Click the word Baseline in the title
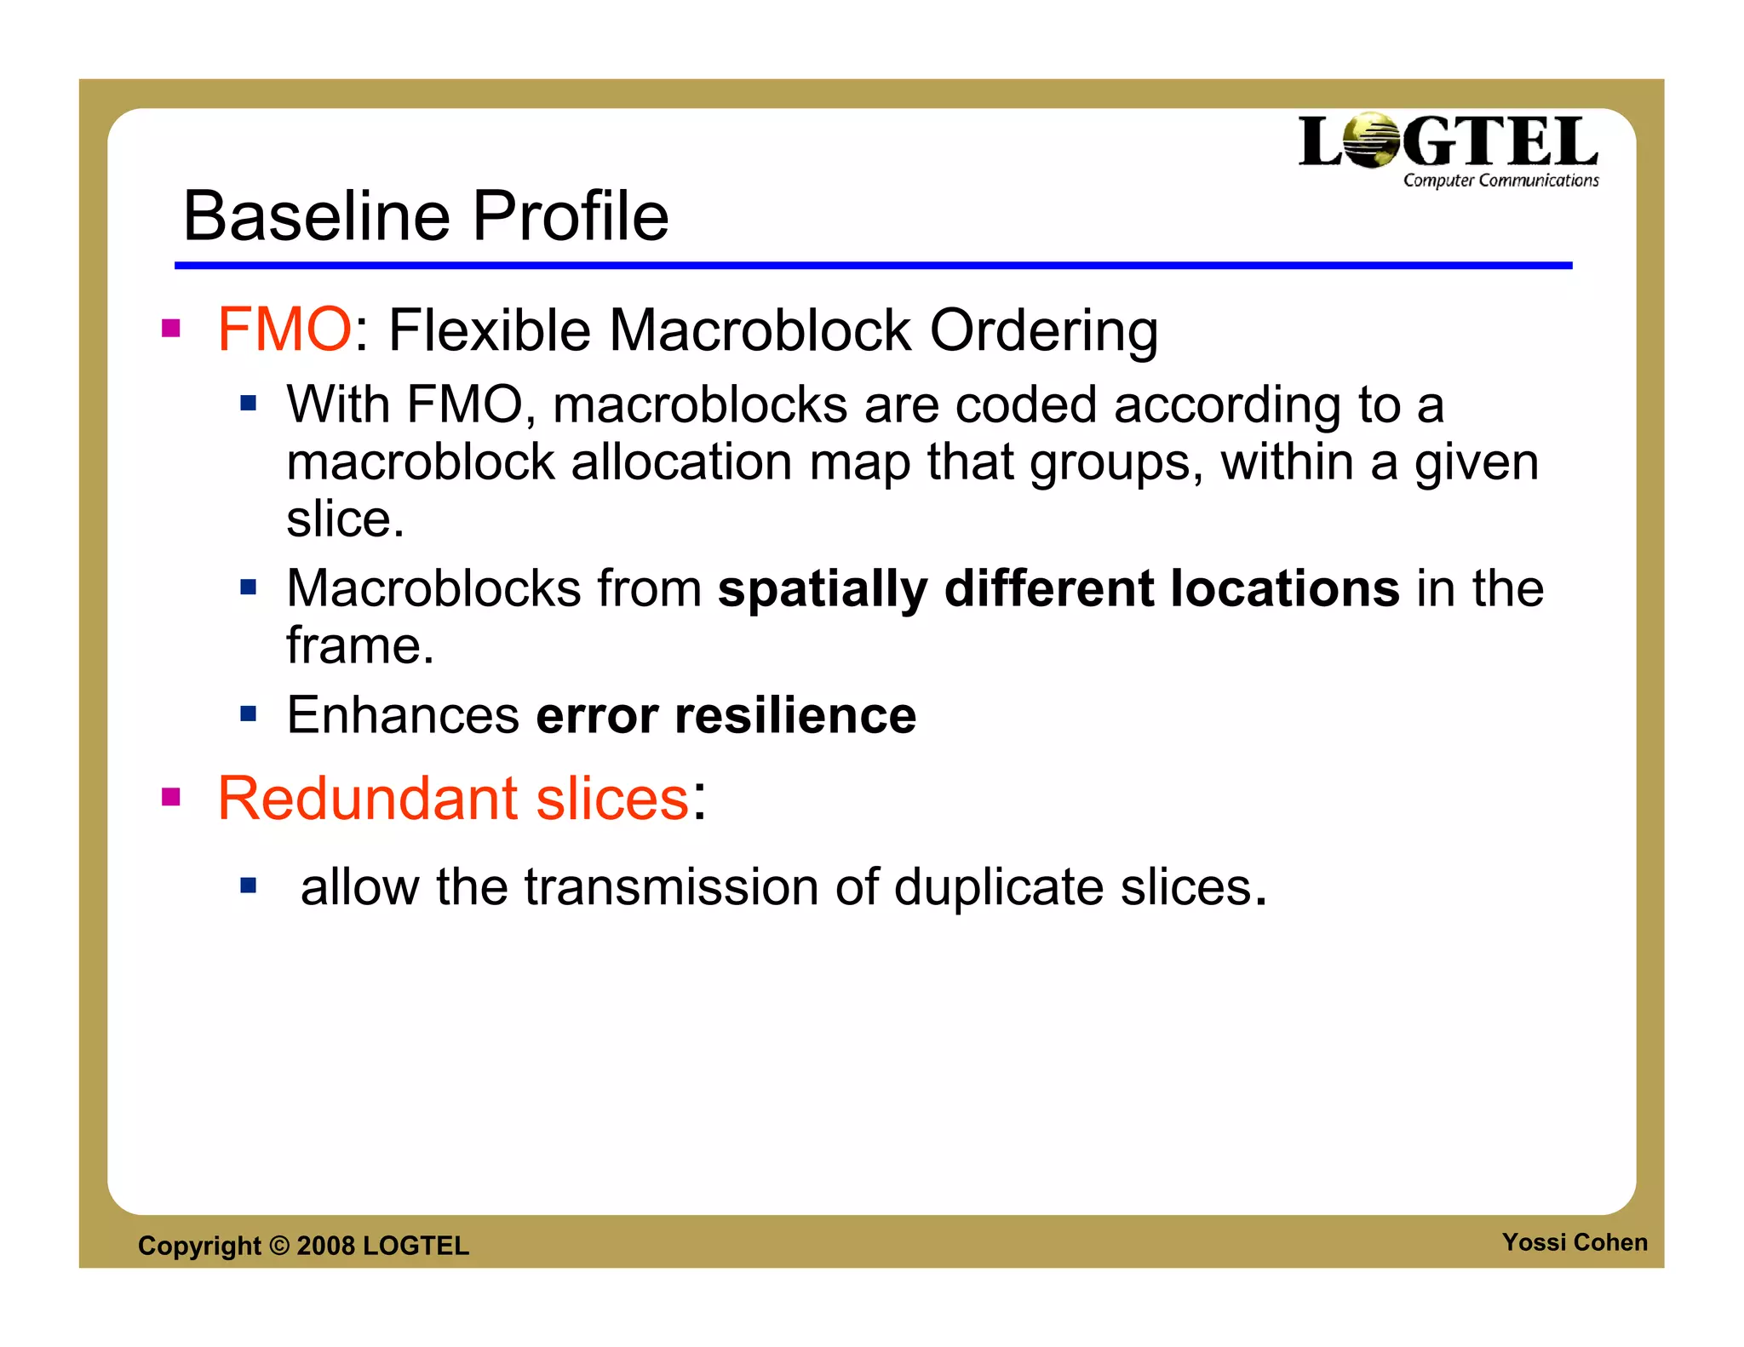(x=315, y=216)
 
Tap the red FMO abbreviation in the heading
(x=284, y=330)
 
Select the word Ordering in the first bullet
(x=1043, y=331)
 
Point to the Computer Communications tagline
(x=1500, y=181)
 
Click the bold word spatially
(x=822, y=589)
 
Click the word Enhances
(x=402, y=715)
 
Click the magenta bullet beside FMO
(x=171, y=329)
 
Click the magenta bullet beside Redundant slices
(x=171, y=797)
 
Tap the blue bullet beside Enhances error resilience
(x=248, y=714)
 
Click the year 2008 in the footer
(x=325, y=1246)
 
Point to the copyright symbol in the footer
(x=279, y=1246)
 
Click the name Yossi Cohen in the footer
(x=1574, y=1242)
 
